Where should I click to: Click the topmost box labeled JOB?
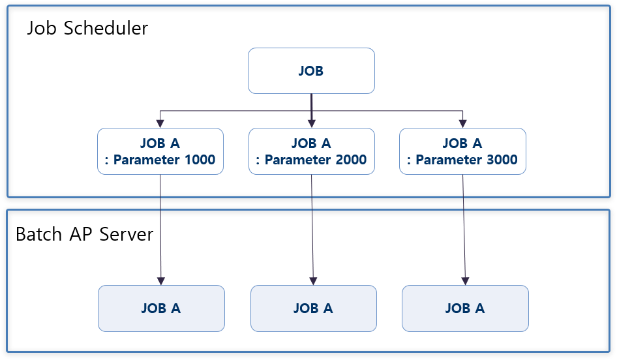(x=311, y=70)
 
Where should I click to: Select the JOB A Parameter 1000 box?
(x=160, y=151)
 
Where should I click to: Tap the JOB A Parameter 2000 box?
(x=311, y=151)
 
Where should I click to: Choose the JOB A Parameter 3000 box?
(x=462, y=151)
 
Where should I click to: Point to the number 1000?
(x=200, y=160)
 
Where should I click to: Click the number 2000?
(x=351, y=160)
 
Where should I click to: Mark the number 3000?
(x=502, y=160)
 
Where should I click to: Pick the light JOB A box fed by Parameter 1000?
(x=161, y=308)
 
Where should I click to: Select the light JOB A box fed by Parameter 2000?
(x=313, y=308)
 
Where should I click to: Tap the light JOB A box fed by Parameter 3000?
(x=465, y=308)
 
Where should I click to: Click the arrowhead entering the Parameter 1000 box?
(x=160, y=123)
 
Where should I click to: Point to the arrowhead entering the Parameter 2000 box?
(x=311, y=123)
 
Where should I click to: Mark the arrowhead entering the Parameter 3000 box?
(x=462, y=123)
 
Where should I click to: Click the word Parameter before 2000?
(x=293, y=160)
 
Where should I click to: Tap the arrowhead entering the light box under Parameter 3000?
(x=465, y=280)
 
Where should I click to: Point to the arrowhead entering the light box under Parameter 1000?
(x=161, y=280)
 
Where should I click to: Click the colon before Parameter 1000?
(x=107, y=160)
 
